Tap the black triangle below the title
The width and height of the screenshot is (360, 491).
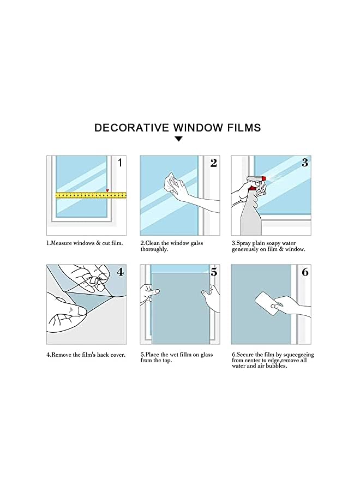[x=178, y=139]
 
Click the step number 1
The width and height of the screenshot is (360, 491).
[x=121, y=163]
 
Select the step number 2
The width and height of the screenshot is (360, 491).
[x=213, y=163]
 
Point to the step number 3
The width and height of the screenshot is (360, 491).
[x=305, y=163]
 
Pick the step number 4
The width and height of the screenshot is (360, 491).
[x=121, y=272]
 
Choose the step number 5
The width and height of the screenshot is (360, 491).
[x=213, y=272]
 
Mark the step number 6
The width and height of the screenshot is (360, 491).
[x=305, y=272]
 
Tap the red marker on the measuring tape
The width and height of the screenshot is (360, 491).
[x=107, y=190]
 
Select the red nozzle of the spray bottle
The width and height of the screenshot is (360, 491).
[x=264, y=178]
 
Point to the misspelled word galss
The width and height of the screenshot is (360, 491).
[x=194, y=243]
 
